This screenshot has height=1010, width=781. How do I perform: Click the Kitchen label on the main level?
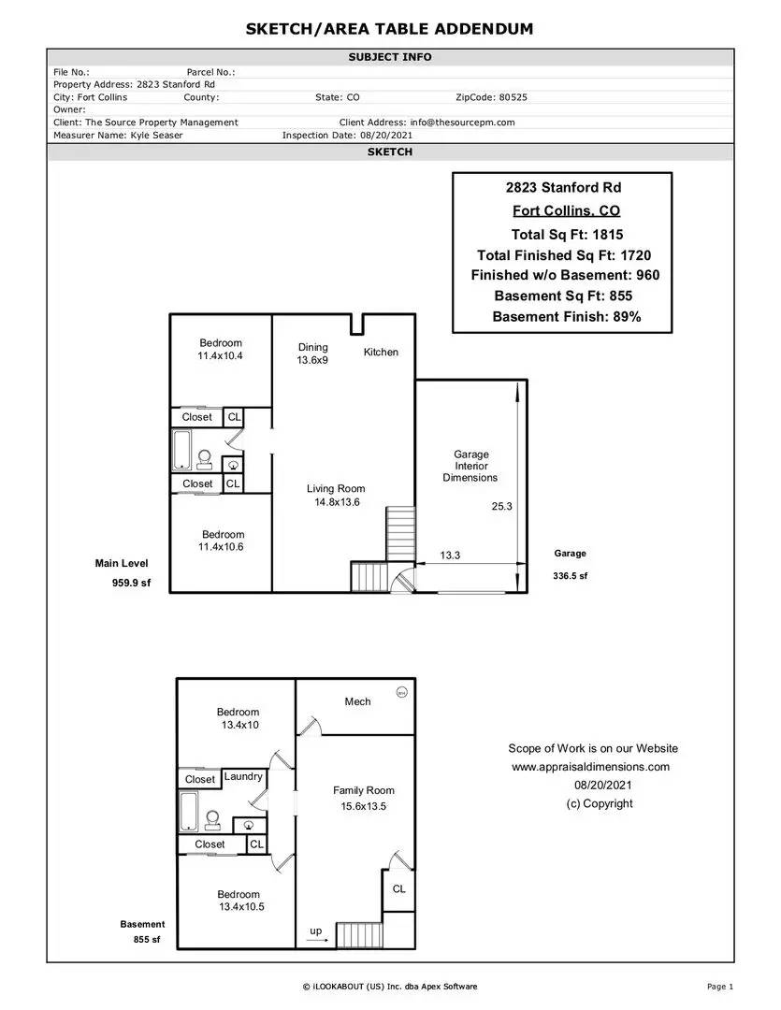click(381, 352)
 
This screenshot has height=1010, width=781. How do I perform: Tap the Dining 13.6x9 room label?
click(312, 353)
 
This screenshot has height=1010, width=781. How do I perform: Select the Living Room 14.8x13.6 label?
click(336, 496)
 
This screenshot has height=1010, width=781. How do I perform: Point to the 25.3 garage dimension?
click(502, 506)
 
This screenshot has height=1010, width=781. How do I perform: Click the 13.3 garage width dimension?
click(450, 555)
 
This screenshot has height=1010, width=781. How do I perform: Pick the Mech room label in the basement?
click(357, 701)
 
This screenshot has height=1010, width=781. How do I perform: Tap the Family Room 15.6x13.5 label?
click(364, 798)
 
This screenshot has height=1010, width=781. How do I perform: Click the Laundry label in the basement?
click(243, 776)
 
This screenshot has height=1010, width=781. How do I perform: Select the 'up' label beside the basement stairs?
click(316, 931)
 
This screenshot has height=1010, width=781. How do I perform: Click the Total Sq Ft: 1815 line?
click(567, 235)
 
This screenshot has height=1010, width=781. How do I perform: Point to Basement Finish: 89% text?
click(567, 316)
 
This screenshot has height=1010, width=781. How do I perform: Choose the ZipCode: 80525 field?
click(491, 97)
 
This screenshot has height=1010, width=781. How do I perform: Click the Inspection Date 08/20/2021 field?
click(347, 136)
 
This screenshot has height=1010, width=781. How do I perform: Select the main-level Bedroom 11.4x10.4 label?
click(221, 349)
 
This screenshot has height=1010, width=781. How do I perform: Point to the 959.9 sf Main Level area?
click(132, 583)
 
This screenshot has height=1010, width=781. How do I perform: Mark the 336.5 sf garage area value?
click(571, 576)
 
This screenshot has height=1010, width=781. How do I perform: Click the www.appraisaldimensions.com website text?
click(591, 767)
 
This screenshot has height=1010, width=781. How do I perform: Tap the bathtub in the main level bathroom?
click(181, 450)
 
